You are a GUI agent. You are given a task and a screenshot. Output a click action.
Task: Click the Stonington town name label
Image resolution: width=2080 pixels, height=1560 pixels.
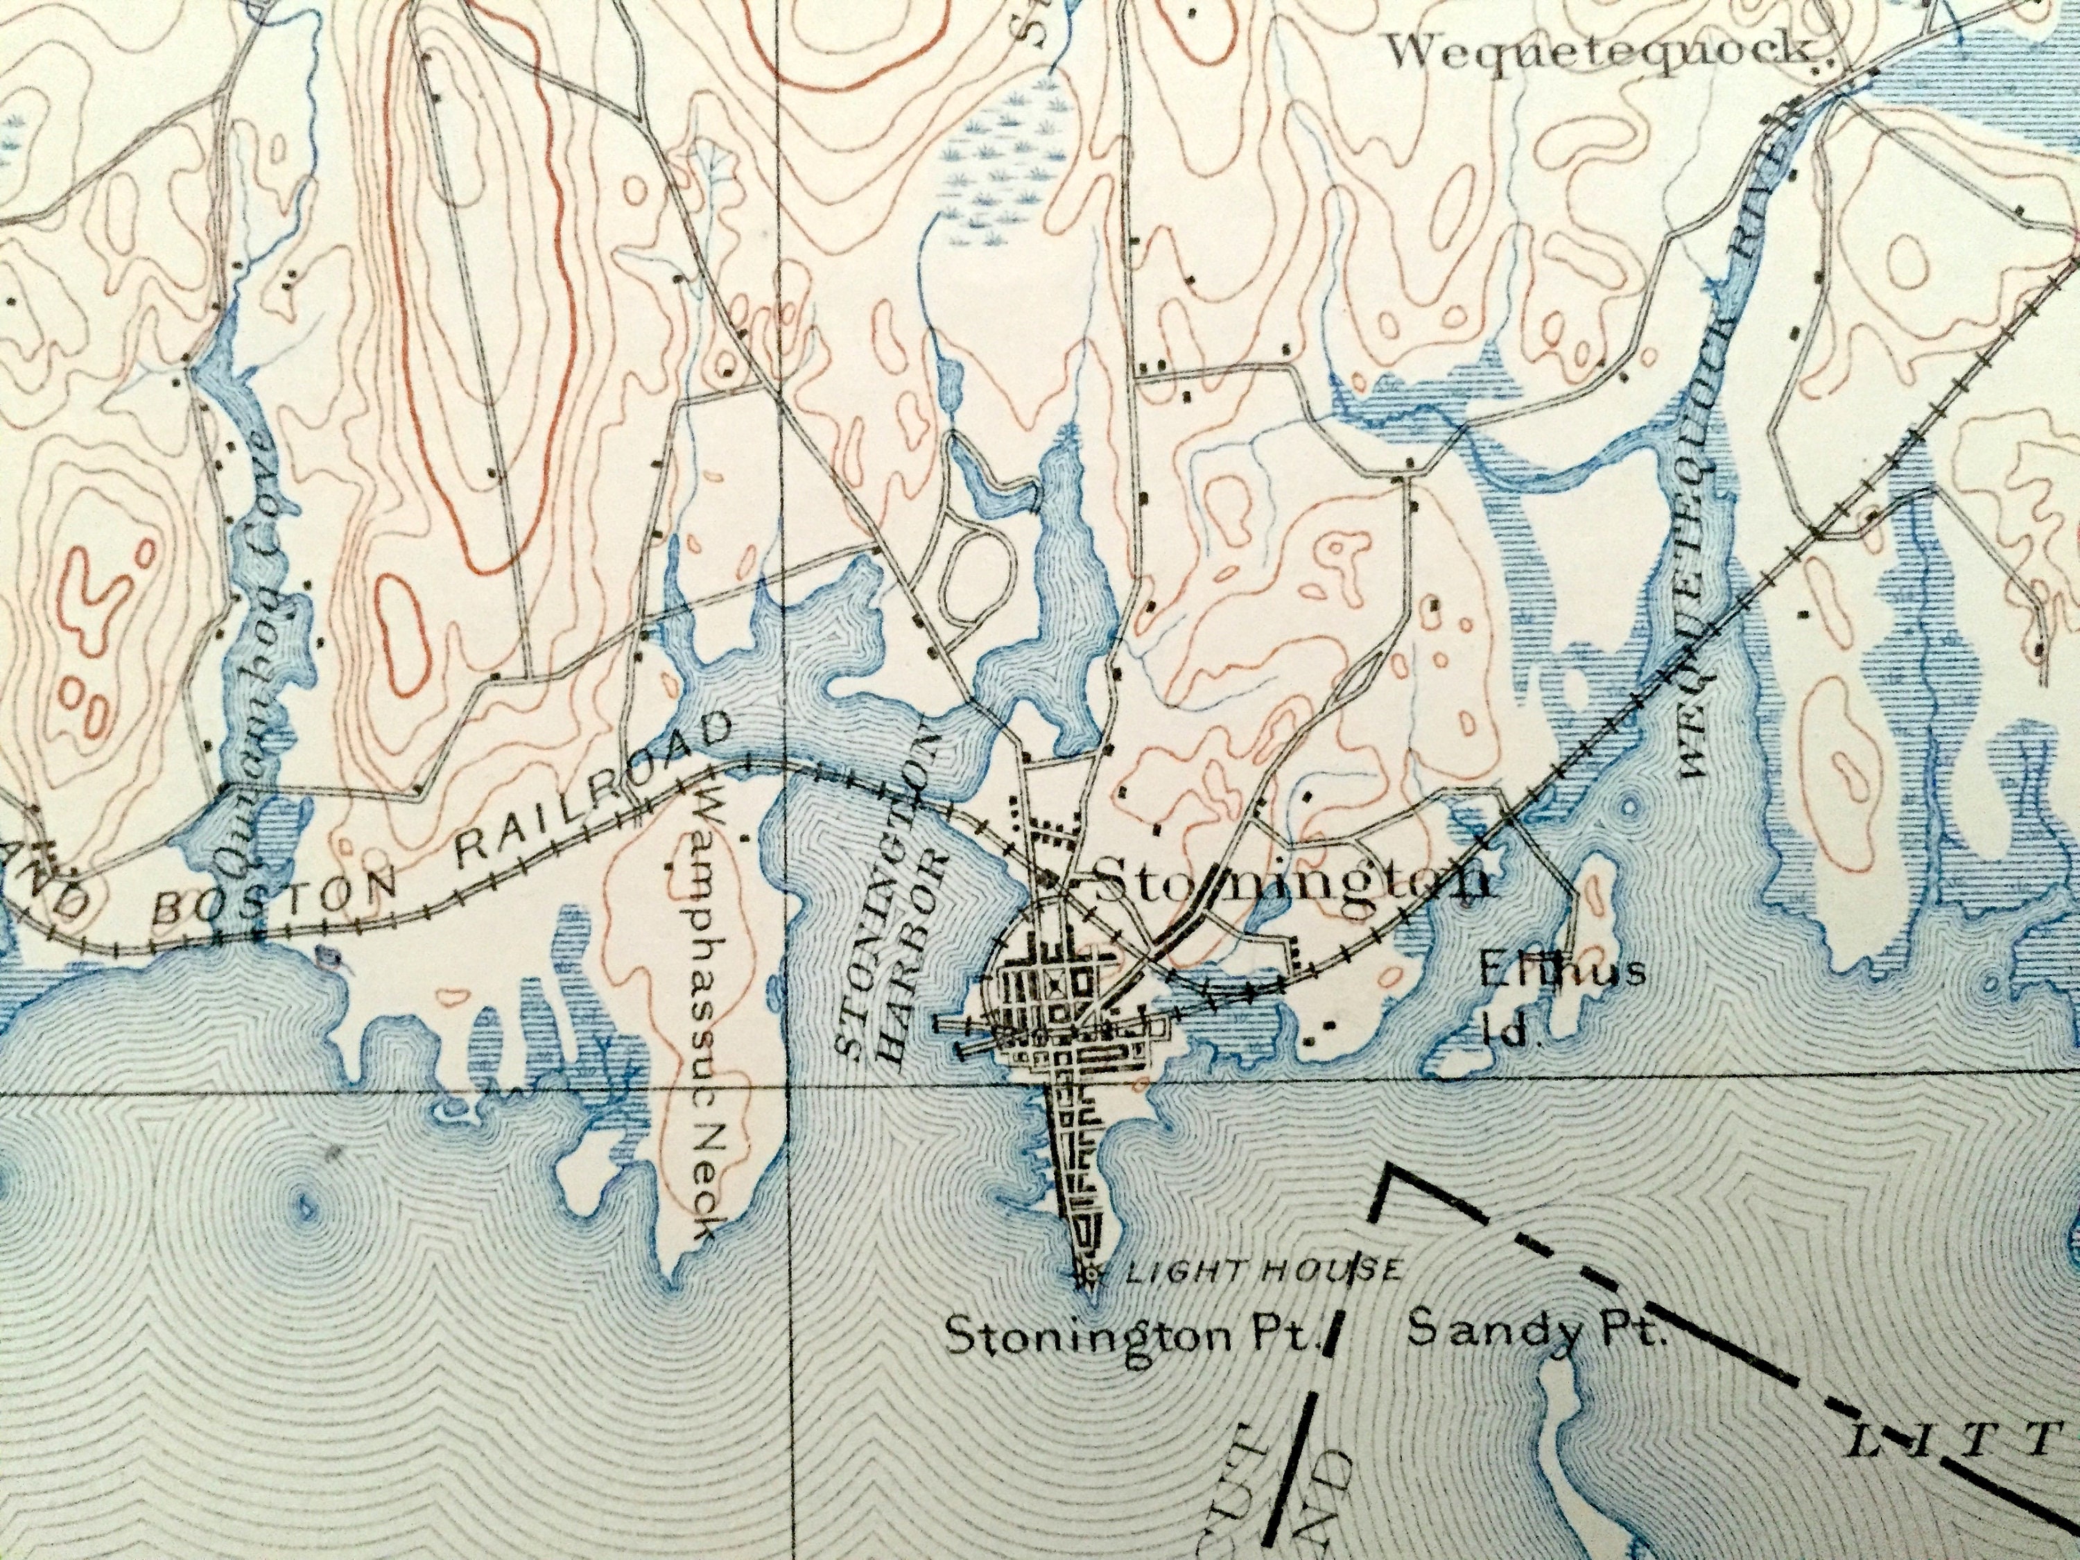1293,882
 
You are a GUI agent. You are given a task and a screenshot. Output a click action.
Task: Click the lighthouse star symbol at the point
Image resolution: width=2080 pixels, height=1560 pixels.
1090,1276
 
